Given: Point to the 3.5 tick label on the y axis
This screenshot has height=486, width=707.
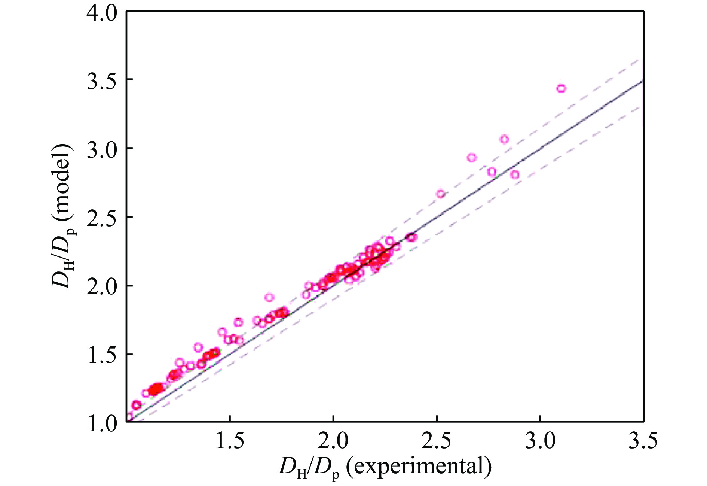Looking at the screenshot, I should (101, 81).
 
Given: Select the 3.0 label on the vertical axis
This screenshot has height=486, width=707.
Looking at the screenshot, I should (101, 149).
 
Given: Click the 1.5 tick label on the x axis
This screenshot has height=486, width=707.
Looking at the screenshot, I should (230, 441).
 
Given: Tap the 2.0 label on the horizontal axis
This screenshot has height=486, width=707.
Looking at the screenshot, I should (333, 441).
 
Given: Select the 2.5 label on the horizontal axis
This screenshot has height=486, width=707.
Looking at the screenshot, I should (436, 441).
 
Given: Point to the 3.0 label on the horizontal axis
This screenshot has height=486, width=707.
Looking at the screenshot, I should (540, 441).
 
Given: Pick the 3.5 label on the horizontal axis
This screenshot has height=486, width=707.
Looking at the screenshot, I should (643, 441).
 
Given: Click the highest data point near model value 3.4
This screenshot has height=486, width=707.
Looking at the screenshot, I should (561, 89).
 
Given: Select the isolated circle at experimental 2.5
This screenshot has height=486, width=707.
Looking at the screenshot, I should (441, 194).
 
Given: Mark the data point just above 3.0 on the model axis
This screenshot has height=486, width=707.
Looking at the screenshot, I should (504, 139).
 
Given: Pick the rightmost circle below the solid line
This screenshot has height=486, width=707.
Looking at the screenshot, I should (515, 174).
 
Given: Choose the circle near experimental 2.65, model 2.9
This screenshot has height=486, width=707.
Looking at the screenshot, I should (472, 158).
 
